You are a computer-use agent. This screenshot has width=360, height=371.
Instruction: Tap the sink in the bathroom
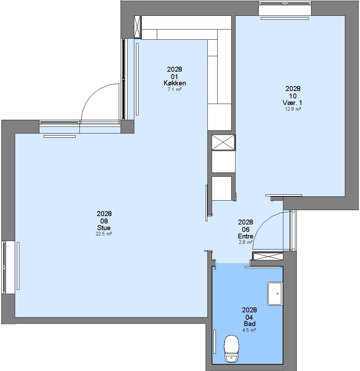(275, 293)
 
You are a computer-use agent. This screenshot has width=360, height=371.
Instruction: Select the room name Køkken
(175, 83)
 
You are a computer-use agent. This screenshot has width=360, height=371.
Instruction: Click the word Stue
(104, 228)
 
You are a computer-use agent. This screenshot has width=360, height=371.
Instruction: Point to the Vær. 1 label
(292, 103)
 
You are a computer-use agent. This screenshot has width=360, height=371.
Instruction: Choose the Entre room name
(246, 236)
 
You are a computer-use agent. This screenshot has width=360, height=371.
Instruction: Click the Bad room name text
(250, 324)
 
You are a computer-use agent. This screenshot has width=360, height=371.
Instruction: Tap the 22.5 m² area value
(104, 234)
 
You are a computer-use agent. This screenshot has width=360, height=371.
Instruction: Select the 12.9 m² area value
(293, 109)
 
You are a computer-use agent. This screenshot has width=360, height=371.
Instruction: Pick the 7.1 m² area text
(175, 90)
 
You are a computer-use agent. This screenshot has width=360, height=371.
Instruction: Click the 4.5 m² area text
(249, 330)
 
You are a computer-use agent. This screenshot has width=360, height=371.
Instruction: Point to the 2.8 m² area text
(246, 242)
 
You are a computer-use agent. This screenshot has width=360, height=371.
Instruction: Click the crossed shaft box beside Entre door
(268, 256)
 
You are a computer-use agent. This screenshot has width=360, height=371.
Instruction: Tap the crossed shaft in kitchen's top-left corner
(137, 26)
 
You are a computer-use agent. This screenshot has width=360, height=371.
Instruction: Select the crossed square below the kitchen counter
(223, 142)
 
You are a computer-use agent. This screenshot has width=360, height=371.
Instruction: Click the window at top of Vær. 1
(285, 4)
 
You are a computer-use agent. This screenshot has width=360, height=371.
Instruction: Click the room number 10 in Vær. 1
(293, 96)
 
